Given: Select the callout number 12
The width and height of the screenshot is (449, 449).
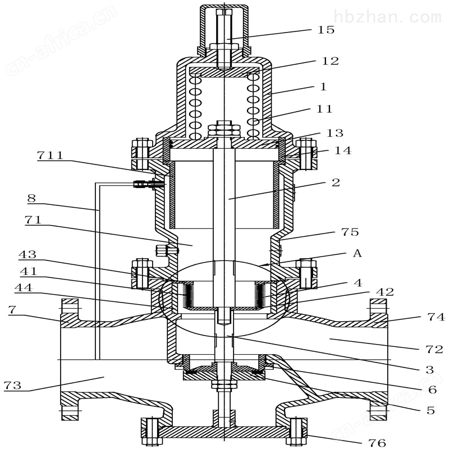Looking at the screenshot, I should [x=331, y=61].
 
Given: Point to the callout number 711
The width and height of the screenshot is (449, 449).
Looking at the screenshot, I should [x=51, y=155].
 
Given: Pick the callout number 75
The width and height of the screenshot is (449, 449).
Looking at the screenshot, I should [x=350, y=232].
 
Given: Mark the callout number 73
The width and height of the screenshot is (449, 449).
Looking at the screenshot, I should [x=14, y=386].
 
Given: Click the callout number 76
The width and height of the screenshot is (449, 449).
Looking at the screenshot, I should [x=377, y=443].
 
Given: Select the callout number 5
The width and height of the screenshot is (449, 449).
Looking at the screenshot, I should [x=430, y=410].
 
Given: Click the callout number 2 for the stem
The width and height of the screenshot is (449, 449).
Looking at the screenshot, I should [x=336, y=182].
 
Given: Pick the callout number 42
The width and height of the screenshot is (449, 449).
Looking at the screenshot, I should [x=385, y=292].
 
